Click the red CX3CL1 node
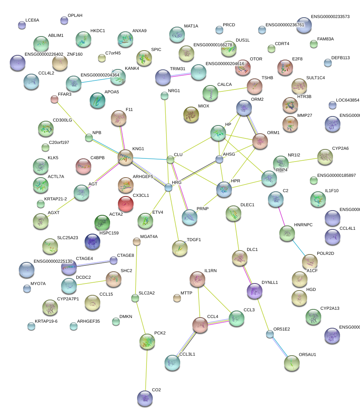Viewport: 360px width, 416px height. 125,203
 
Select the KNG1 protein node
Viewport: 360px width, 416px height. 125,157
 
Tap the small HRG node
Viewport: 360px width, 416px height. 168,187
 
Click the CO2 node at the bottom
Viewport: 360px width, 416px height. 145,398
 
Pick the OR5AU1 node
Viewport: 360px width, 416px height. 291,363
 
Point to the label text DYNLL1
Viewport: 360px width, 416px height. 270,282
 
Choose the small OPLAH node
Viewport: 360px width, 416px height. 64,20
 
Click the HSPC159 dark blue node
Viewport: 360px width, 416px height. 92,242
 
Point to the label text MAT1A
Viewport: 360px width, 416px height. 191,26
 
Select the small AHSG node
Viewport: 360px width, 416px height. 219,159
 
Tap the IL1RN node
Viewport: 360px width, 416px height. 197,279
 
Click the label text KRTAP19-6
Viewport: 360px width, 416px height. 46,322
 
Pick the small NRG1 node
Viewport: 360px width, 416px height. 165,95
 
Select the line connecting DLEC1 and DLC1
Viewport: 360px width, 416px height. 236,236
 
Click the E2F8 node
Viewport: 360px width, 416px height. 285,67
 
